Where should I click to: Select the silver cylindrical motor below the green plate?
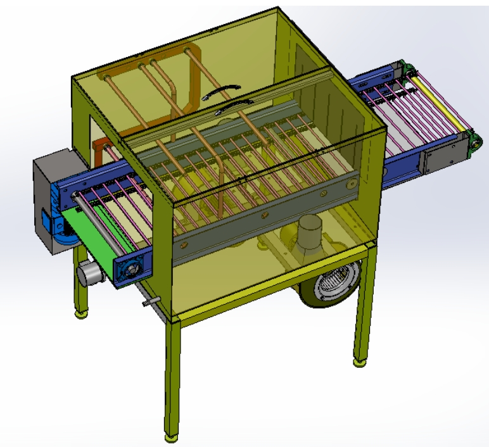coord(89,274)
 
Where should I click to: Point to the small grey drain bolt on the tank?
coord(148,302)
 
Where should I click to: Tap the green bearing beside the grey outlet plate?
coord(473,144)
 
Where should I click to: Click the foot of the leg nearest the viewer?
coord(171,436)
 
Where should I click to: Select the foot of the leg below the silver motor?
coord(80,313)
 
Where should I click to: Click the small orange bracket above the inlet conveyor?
coord(100,150)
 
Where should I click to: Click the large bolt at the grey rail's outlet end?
coord(350,185)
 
